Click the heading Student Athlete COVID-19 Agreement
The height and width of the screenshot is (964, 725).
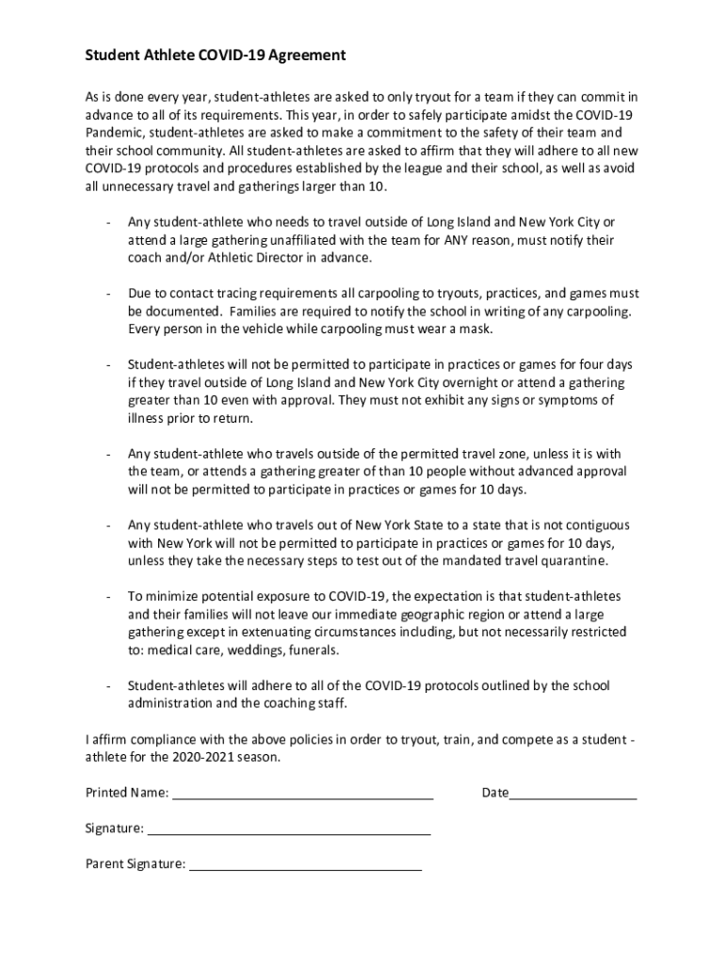point(216,56)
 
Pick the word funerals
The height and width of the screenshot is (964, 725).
point(312,650)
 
